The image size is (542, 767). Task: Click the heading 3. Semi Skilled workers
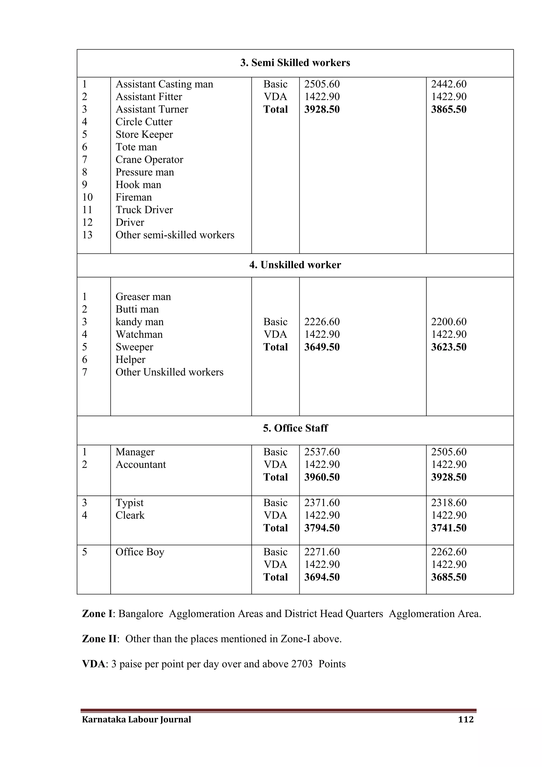[x=295, y=63]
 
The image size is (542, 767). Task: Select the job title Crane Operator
[x=149, y=160]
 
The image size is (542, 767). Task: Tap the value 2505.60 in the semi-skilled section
[x=322, y=84]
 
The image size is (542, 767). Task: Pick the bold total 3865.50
[x=449, y=110]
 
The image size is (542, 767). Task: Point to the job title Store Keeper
[x=144, y=135]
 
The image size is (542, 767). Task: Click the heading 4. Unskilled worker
[x=295, y=265]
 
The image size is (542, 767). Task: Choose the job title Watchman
[x=139, y=335]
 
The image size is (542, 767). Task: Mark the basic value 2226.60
[x=322, y=322]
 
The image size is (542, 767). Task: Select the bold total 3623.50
[x=449, y=347]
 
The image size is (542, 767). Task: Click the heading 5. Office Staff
[x=295, y=428]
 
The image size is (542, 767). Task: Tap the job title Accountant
[x=141, y=465]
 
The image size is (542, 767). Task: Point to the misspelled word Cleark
[x=130, y=515]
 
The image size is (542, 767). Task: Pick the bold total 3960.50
[x=322, y=477]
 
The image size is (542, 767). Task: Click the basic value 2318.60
[x=449, y=503]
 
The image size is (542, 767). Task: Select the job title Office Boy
[x=140, y=552]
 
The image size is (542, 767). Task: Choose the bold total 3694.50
[x=322, y=577]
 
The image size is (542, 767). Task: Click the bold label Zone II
[x=99, y=639]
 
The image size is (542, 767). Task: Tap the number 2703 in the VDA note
[x=302, y=664]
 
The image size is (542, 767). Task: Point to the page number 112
[x=466, y=719]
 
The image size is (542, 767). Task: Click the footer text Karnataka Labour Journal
[x=137, y=719]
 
